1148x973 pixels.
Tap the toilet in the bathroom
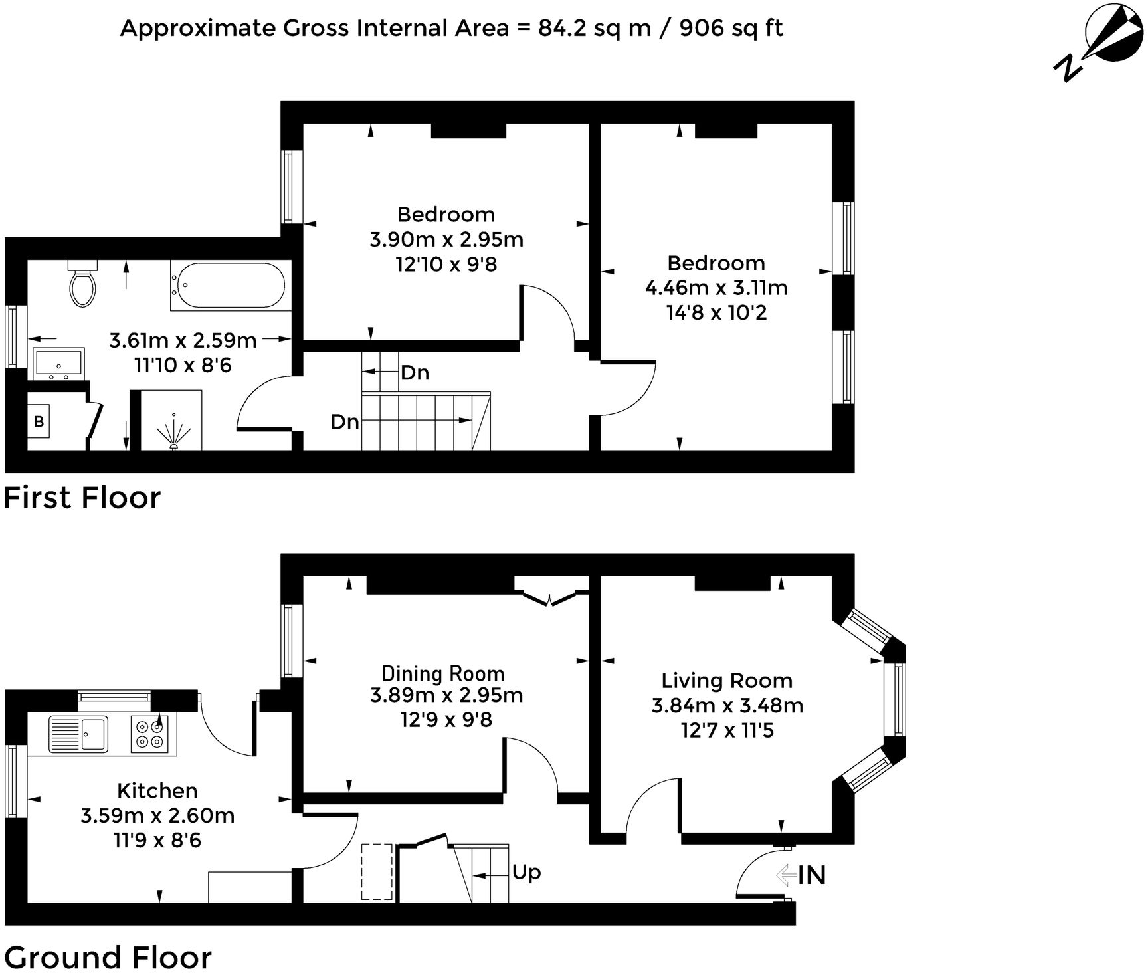(x=82, y=286)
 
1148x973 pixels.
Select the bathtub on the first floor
(x=228, y=285)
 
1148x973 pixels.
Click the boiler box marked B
(x=39, y=421)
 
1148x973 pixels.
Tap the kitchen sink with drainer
(x=78, y=734)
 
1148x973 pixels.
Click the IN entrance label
(x=811, y=875)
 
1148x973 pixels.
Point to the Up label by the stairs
(x=526, y=872)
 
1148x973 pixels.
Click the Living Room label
(x=727, y=681)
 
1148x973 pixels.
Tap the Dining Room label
(x=443, y=673)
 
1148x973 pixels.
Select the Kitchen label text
(x=157, y=790)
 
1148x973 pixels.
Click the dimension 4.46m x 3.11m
(x=716, y=288)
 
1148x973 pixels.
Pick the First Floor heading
(x=82, y=498)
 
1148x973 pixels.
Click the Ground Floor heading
(x=108, y=958)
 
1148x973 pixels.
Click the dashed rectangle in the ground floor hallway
(x=377, y=871)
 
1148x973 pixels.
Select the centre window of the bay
(x=899, y=699)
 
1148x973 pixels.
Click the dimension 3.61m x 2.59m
(x=183, y=341)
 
